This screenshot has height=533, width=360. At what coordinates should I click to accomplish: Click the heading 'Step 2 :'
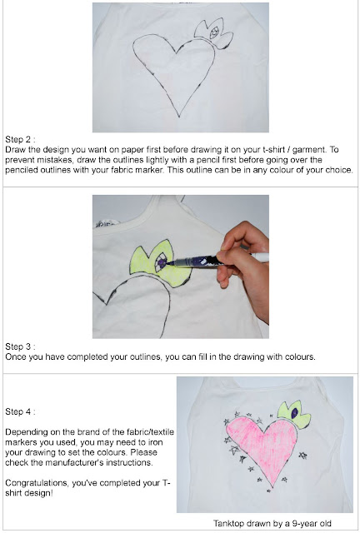coord(20,139)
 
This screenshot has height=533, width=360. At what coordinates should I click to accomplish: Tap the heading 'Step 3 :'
coord(20,346)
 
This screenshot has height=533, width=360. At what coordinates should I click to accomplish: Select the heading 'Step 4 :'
coord(20,411)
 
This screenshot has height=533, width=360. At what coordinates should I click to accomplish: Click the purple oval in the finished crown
coord(295,413)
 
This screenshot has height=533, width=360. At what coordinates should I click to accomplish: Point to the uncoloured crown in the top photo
coord(213,34)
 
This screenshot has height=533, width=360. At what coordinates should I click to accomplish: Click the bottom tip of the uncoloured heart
coord(179,117)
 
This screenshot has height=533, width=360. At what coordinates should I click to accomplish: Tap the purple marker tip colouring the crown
coord(166,263)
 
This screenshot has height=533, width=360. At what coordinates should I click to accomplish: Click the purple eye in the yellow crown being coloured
coord(161,263)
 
